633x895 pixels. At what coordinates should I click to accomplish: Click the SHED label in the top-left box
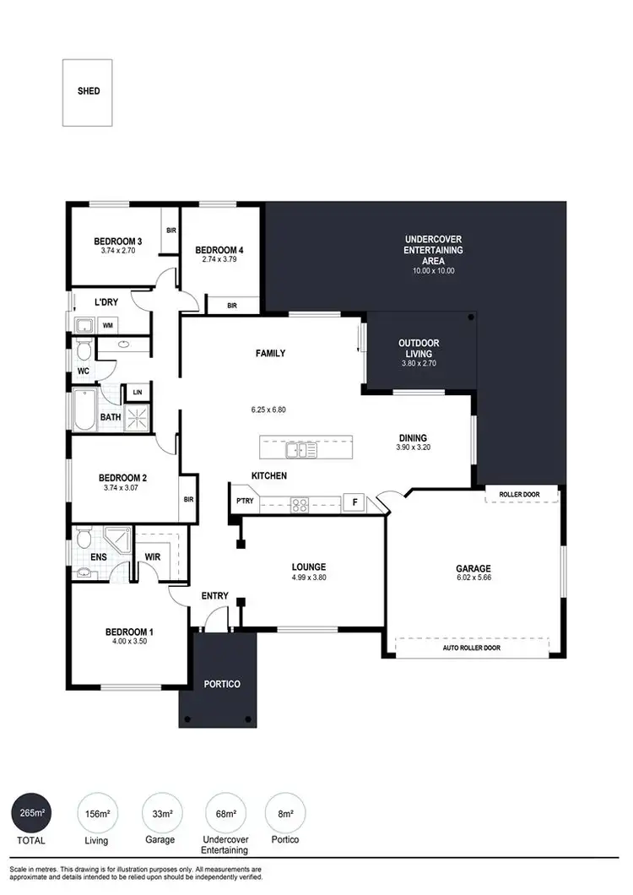coord(88,91)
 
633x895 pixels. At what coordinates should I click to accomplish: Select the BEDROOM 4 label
coord(219,250)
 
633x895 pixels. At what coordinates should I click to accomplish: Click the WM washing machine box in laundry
coord(108,324)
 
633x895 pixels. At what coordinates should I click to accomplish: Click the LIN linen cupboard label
coord(137,393)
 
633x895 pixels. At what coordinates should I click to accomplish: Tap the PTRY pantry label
coord(245,501)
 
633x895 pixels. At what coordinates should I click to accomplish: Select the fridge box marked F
coord(354,502)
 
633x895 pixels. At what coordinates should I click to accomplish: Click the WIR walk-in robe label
coord(153,557)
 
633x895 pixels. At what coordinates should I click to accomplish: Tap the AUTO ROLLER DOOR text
coord(471,648)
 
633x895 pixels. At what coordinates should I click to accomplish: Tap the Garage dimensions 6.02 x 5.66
coord(473,580)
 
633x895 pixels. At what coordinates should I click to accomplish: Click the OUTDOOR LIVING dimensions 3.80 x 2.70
coord(419,364)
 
